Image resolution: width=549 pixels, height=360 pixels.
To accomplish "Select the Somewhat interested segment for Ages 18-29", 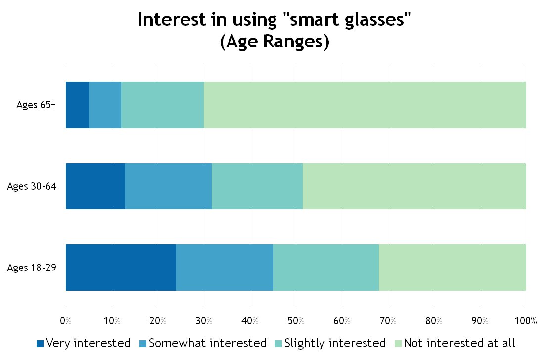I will [225, 268].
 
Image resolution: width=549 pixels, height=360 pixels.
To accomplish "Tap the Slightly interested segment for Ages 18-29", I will [326, 268].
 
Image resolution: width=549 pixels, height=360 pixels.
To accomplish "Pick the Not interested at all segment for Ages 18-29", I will [453, 268].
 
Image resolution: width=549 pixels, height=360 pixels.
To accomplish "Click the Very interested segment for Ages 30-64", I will [95, 186].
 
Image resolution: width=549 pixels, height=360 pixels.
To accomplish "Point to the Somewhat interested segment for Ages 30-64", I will [168, 186].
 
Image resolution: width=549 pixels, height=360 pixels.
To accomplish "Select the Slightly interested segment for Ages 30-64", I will [257, 186].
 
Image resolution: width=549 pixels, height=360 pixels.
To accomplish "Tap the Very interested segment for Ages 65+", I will [77, 105].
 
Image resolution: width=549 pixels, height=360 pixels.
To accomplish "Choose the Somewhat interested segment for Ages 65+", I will [105, 105].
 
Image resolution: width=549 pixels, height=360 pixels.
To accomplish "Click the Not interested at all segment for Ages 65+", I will [365, 105].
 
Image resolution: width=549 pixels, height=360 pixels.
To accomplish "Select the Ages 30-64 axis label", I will [31, 186].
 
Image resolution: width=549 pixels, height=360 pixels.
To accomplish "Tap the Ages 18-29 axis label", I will [31, 268].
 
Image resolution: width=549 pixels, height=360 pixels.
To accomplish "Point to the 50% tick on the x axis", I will [296, 321].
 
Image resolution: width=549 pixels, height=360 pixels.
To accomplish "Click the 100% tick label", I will [525, 321].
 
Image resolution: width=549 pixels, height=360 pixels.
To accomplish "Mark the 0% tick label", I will [66, 321].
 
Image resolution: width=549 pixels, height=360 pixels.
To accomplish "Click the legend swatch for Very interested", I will [41, 343].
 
